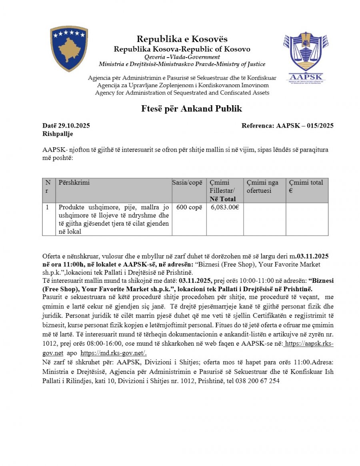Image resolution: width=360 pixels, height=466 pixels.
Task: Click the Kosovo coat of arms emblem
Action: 68,49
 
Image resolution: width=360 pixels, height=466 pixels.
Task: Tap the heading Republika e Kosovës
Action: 182,39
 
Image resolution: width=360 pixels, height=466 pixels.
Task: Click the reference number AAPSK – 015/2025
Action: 305,126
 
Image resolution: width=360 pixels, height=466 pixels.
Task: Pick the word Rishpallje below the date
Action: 58,134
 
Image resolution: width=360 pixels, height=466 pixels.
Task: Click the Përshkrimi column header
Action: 74,183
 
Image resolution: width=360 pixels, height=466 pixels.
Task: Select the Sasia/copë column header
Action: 189,183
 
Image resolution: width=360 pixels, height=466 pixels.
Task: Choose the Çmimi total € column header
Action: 306,186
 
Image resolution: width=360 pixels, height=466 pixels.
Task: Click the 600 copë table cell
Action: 189,207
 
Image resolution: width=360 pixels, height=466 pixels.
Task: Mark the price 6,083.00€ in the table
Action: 225,207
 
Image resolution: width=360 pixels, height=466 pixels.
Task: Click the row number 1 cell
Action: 48,207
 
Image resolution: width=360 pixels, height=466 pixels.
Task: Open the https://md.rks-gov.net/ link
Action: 114,353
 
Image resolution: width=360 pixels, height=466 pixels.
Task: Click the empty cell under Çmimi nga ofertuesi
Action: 264,219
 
